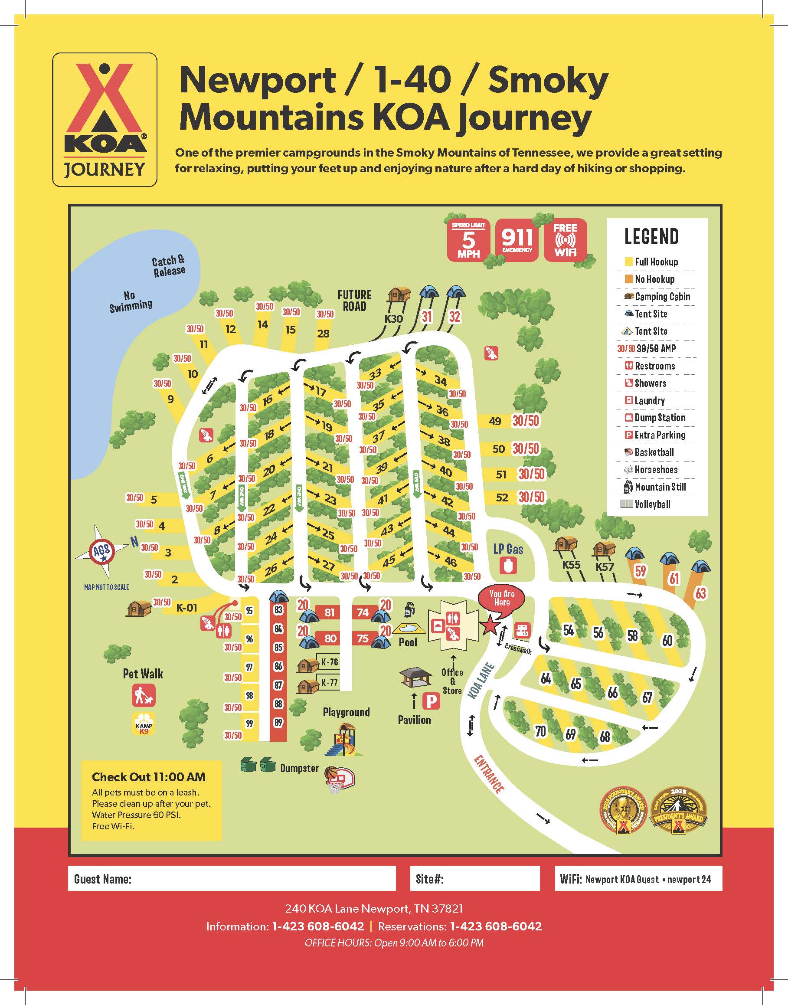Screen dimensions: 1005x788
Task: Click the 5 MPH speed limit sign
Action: tap(468, 240)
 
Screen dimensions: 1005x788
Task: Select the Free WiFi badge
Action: tap(565, 239)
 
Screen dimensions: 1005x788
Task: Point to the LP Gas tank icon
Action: tap(508, 566)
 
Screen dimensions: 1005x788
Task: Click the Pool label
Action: tap(408, 642)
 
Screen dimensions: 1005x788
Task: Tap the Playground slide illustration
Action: tap(344, 740)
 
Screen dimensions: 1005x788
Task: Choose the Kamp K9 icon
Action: tap(144, 723)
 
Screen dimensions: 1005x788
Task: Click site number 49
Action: tap(495, 421)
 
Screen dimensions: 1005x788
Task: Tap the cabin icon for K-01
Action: tap(138, 608)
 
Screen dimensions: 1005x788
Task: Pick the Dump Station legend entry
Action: tap(655, 418)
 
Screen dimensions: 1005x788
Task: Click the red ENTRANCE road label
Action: tap(489, 773)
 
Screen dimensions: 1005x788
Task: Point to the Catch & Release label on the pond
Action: tap(169, 266)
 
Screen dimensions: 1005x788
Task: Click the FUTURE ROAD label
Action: tap(354, 301)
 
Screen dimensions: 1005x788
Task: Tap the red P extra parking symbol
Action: tap(432, 702)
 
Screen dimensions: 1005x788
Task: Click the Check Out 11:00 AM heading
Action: tap(149, 777)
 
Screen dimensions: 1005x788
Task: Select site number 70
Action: tap(540, 731)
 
